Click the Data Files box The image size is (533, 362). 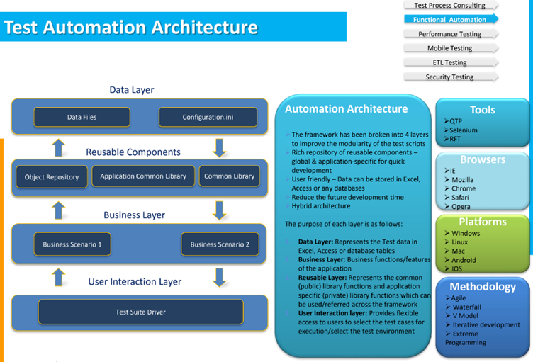(82, 117)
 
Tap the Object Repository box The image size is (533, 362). (52, 176)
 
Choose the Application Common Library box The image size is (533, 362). (143, 176)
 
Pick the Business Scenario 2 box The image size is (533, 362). (220, 244)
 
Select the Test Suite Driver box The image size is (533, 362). (140, 312)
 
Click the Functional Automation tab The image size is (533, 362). (450, 20)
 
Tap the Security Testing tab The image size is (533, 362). (449, 77)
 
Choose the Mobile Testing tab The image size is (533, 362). (449, 48)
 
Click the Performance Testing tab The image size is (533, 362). (449, 34)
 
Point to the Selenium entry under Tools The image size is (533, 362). (464, 130)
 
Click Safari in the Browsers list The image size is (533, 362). (461, 198)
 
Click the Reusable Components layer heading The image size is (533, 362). (133, 152)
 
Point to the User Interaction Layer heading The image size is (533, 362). (135, 281)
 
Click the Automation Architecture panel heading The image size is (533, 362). (346, 109)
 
